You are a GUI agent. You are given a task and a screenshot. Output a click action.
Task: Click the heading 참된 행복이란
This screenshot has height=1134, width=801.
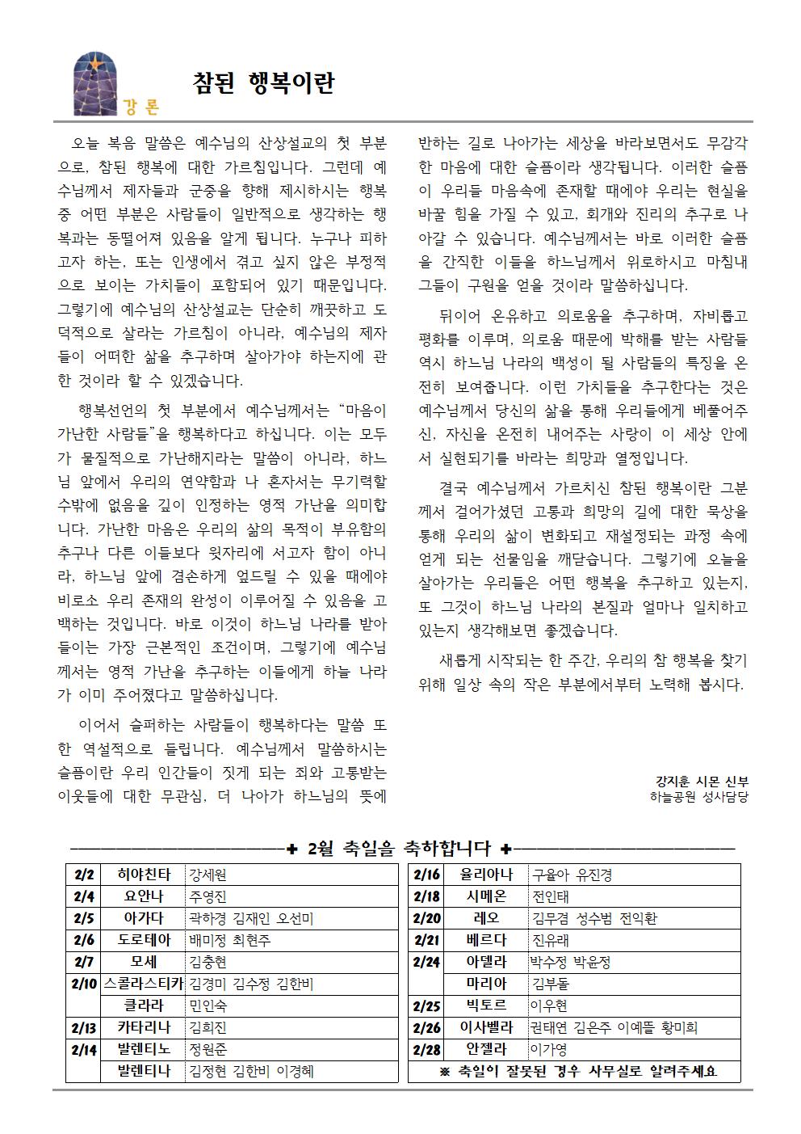[263, 83]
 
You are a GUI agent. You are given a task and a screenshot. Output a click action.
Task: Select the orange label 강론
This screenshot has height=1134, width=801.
[142, 107]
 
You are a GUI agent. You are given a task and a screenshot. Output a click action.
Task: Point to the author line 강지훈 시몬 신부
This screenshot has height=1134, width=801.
[702, 782]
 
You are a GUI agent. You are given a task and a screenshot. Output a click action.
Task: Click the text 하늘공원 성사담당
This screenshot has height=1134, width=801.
[698, 797]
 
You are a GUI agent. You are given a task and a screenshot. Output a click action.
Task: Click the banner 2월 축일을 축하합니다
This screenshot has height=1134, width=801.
[400, 849]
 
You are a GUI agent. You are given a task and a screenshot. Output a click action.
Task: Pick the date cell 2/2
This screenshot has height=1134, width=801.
[84, 875]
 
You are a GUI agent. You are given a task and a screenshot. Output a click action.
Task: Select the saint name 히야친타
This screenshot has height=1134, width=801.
[144, 875]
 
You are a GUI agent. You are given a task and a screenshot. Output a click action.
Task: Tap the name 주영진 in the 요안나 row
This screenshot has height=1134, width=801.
[208, 896]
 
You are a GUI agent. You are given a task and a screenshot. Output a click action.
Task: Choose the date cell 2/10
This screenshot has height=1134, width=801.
[84, 984]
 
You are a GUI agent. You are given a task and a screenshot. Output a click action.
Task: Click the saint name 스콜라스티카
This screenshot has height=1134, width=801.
[144, 984]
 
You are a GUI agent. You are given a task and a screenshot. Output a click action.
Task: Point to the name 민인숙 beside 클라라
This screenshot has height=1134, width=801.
[208, 1005]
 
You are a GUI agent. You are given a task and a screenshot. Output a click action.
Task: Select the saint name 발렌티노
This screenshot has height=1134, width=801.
[144, 1049]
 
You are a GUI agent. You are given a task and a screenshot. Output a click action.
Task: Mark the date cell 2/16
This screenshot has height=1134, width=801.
[426, 875]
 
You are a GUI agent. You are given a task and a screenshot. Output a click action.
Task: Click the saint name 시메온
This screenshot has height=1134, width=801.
[486, 896]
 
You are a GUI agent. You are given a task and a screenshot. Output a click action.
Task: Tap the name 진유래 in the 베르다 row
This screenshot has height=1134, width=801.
[551, 940]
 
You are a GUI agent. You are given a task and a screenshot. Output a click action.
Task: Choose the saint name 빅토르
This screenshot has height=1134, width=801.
[486, 1005]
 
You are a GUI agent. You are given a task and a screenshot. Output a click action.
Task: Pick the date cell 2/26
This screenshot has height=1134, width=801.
[426, 1027]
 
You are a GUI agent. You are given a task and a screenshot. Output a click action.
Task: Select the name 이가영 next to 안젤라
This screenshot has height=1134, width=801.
[549, 1049]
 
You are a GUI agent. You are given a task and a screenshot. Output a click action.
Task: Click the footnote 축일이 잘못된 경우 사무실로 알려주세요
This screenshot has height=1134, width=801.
[578, 1072]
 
